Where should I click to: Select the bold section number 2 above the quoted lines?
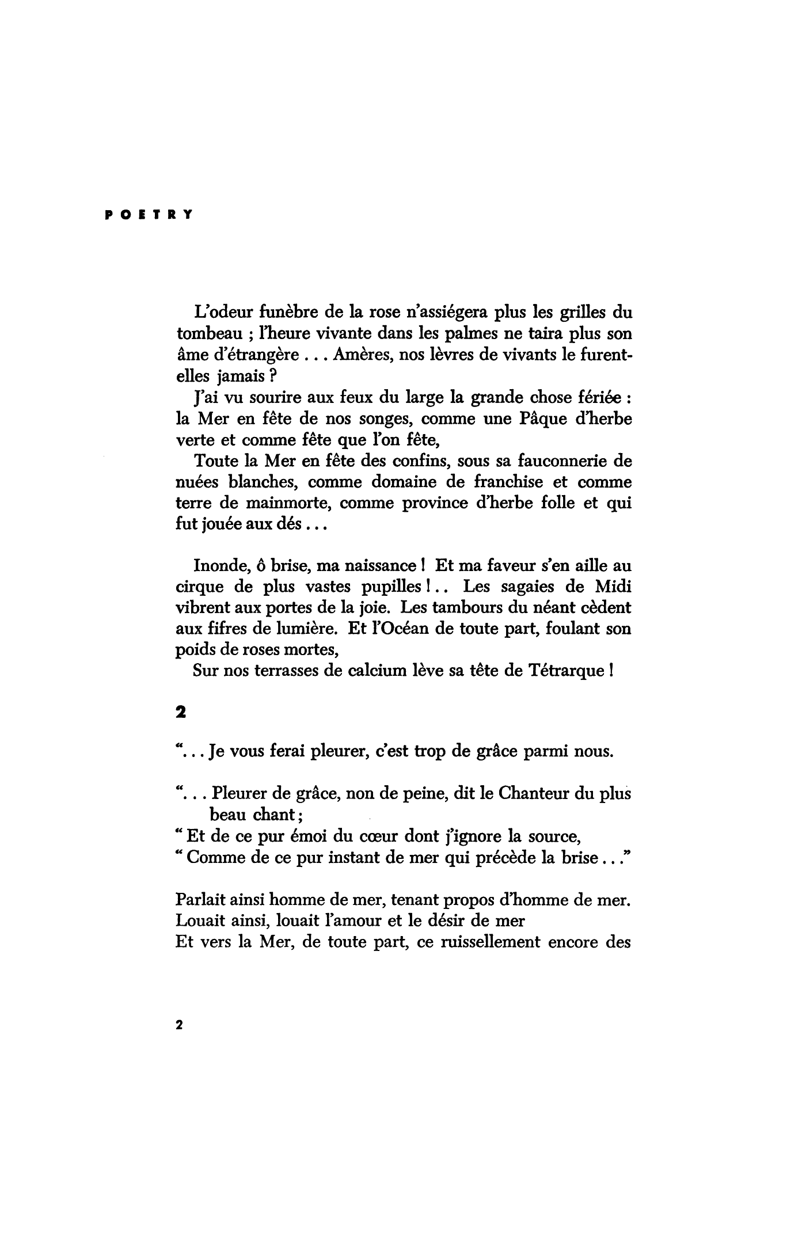180,713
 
